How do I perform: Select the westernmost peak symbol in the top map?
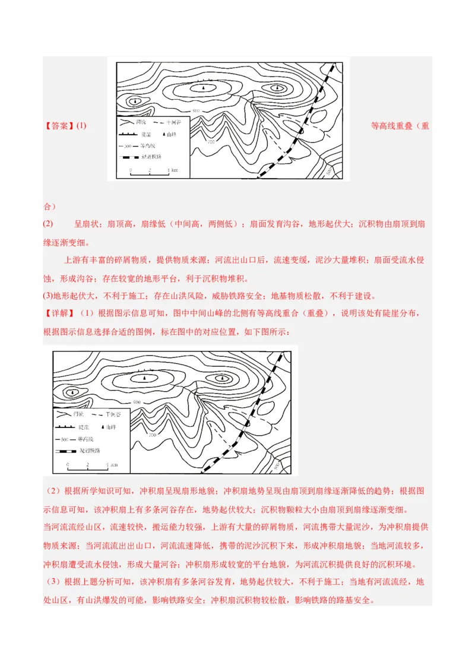(x=137, y=102)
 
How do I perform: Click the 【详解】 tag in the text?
(x=58, y=313)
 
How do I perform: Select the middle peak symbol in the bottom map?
(x=143, y=378)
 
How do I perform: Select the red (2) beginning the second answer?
(x=48, y=224)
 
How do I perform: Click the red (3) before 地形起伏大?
(x=47, y=296)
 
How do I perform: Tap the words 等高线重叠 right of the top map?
(x=392, y=126)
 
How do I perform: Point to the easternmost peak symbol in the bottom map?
(x=223, y=378)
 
